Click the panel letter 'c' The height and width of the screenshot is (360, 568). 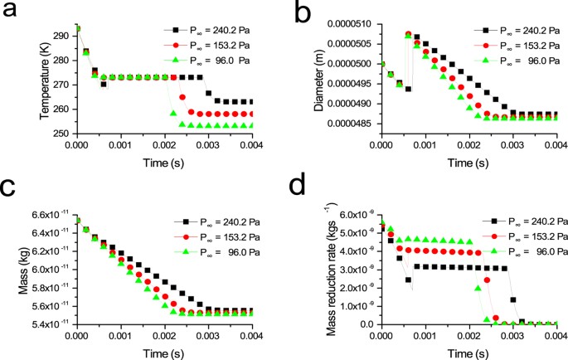pyautogui.click(x=11, y=199)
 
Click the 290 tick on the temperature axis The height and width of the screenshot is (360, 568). pyautogui.click(x=61, y=36)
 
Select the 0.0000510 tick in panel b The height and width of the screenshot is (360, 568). pyautogui.click(x=347, y=25)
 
